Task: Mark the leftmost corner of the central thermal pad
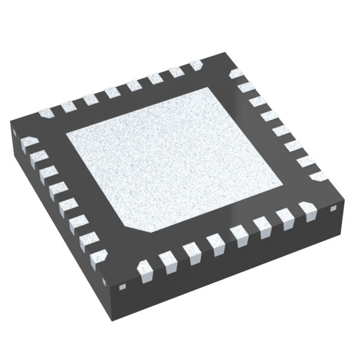tap(66, 135)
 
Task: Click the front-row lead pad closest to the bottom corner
tap(146, 269)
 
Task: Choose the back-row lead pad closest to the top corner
tap(196, 66)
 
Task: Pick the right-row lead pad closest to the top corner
tap(237, 74)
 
